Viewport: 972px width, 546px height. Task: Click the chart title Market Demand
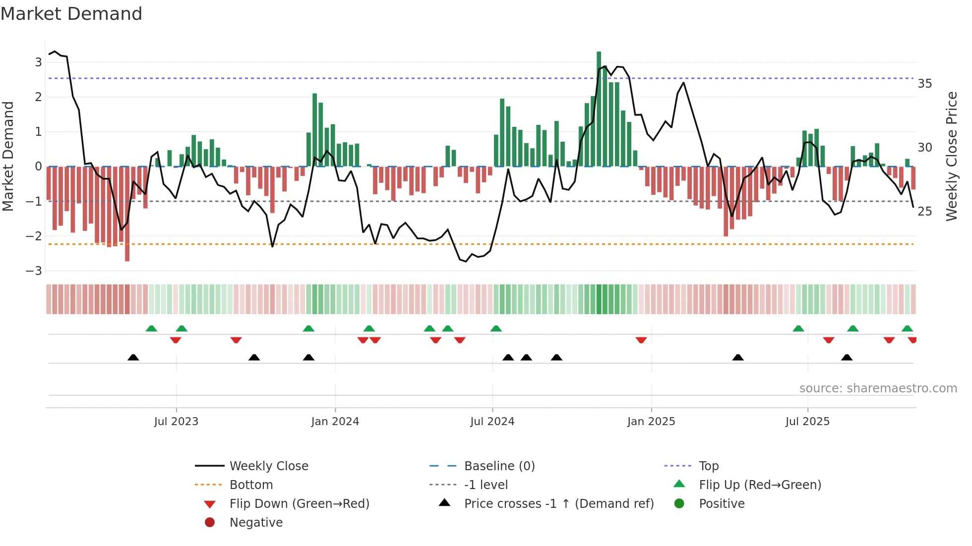click(71, 14)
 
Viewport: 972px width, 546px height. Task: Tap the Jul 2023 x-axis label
click(176, 422)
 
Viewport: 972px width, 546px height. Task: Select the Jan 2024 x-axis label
click(335, 422)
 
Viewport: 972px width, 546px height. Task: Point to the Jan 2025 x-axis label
click(651, 422)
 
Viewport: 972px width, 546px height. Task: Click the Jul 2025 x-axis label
click(807, 422)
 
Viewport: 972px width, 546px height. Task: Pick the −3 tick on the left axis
click(34, 271)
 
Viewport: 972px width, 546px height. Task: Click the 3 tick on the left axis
click(38, 62)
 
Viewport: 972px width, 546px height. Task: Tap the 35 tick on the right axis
click(924, 84)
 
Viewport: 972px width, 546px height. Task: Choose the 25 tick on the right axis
click(924, 212)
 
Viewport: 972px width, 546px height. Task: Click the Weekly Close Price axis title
click(951, 156)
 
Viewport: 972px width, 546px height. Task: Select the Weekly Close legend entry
click(269, 466)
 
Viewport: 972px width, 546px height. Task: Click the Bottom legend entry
click(251, 485)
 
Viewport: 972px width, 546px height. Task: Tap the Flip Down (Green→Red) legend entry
click(299, 504)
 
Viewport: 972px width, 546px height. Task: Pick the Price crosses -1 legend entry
click(558, 504)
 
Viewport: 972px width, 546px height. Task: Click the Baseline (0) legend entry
click(499, 466)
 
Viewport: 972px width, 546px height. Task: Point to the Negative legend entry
click(256, 523)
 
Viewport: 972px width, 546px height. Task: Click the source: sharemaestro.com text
click(878, 388)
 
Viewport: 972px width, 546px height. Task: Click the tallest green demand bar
click(599, 109)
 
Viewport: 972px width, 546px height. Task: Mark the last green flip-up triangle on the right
click(907, 328)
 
